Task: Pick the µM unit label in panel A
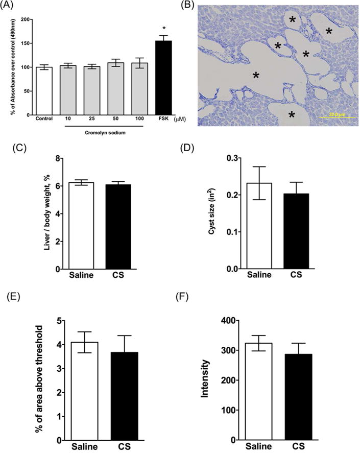click(179, 120)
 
